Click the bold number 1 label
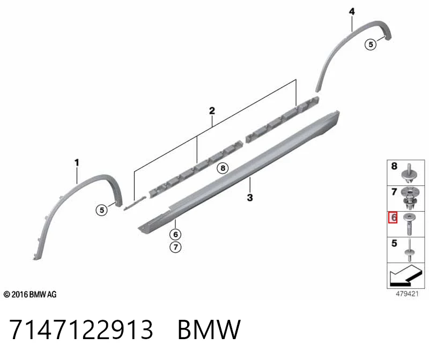coord(77,163)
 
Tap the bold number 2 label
coord(212,111)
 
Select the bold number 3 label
coord(250,197)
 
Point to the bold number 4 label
coord(352,11)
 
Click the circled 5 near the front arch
coord(102,210)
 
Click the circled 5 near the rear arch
coord(371,44)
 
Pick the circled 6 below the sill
coord(175,234)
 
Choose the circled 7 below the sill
coord(175,247)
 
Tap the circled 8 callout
coord(223,168)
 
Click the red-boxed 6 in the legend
coord(393,217)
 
